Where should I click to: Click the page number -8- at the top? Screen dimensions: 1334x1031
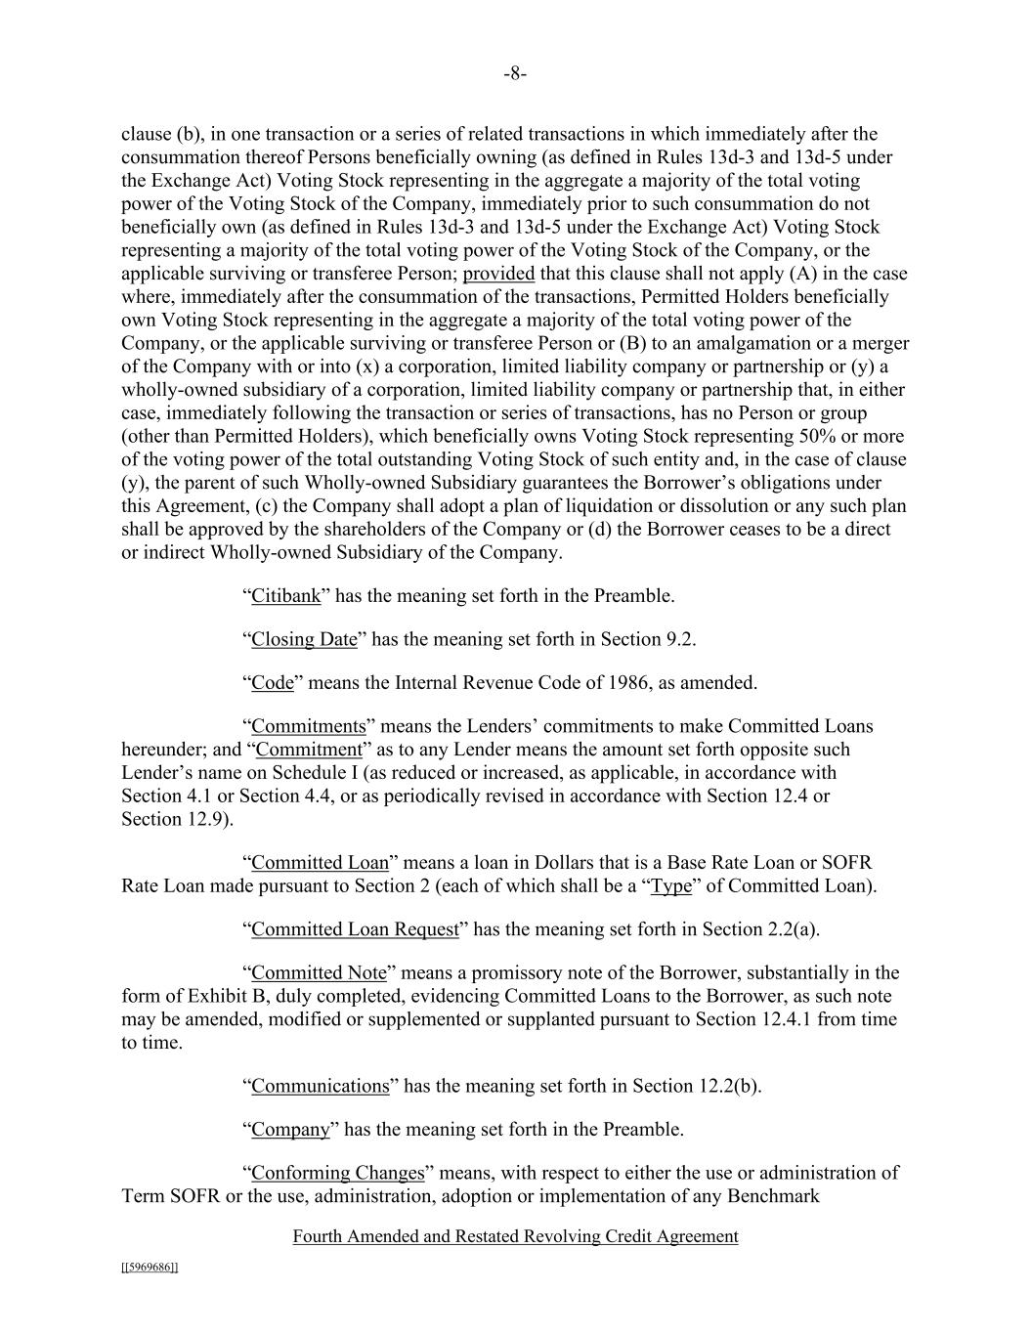click(x=515, y=74)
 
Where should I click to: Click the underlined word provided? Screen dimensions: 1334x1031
click(x=498, y=274)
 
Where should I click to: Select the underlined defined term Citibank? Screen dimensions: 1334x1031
click(x=285, y=596)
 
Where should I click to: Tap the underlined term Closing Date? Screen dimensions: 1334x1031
click(x=304, y=639)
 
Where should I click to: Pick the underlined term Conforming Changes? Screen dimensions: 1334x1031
click(x=337, y=1173)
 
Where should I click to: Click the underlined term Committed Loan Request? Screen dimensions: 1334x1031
click(x=355, y=929)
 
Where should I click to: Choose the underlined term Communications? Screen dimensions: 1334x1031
click(x=320, y=1086)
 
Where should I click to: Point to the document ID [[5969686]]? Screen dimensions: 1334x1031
click(x=150, y=1268)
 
